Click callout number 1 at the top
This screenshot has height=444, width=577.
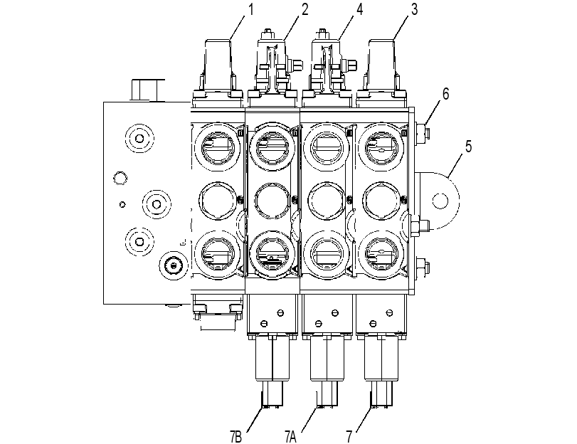pos(251,10)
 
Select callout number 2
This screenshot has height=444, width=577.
pos(305,10)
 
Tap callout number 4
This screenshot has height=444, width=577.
pos(359,10)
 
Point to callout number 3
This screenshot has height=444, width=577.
pos(414,10)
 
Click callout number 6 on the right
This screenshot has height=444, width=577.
pos(445,94)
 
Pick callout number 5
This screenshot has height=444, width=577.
pos(468,147)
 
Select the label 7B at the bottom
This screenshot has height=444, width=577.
pos(236,438)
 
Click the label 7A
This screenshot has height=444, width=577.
pos(290,438)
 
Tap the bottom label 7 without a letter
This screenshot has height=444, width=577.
pos(349,438)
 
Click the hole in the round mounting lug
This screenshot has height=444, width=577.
pos(440,201)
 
